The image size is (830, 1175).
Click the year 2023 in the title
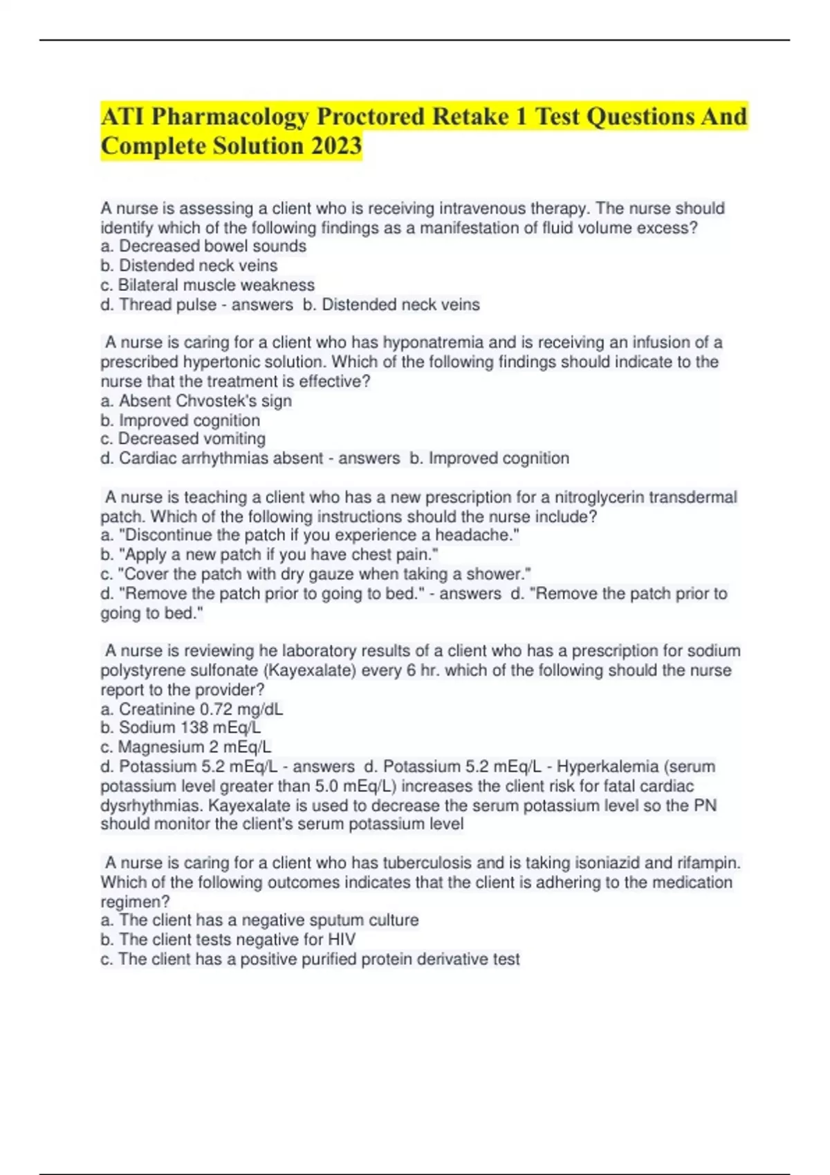tap(336, 146)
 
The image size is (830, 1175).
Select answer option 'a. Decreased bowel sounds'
tap(203, 246)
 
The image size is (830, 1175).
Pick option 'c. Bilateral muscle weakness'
tap(207, 285)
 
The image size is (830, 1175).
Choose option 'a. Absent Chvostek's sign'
tap(196, 401)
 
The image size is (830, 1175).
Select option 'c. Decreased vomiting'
tap(183, 439)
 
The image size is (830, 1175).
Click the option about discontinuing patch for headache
tap(310, 535)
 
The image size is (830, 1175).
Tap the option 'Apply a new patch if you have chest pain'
tap(270, 554)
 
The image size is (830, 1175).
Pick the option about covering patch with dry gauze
tap(315, 574)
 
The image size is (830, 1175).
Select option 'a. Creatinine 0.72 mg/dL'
tap(192, 709)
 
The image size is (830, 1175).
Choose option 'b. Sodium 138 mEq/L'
tap(181, 728)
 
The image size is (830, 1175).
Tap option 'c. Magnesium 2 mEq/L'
tap(186, 747)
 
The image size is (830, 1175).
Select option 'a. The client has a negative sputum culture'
tap(259, 920)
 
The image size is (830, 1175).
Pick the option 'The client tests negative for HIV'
tap(228, 939)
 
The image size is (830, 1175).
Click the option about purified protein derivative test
tap(310, 959)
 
